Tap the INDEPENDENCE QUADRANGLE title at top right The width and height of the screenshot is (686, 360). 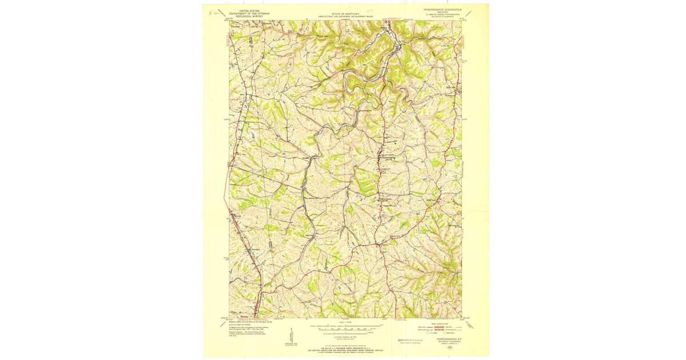[442, 10]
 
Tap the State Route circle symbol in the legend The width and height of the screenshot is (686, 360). [450, 333]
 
